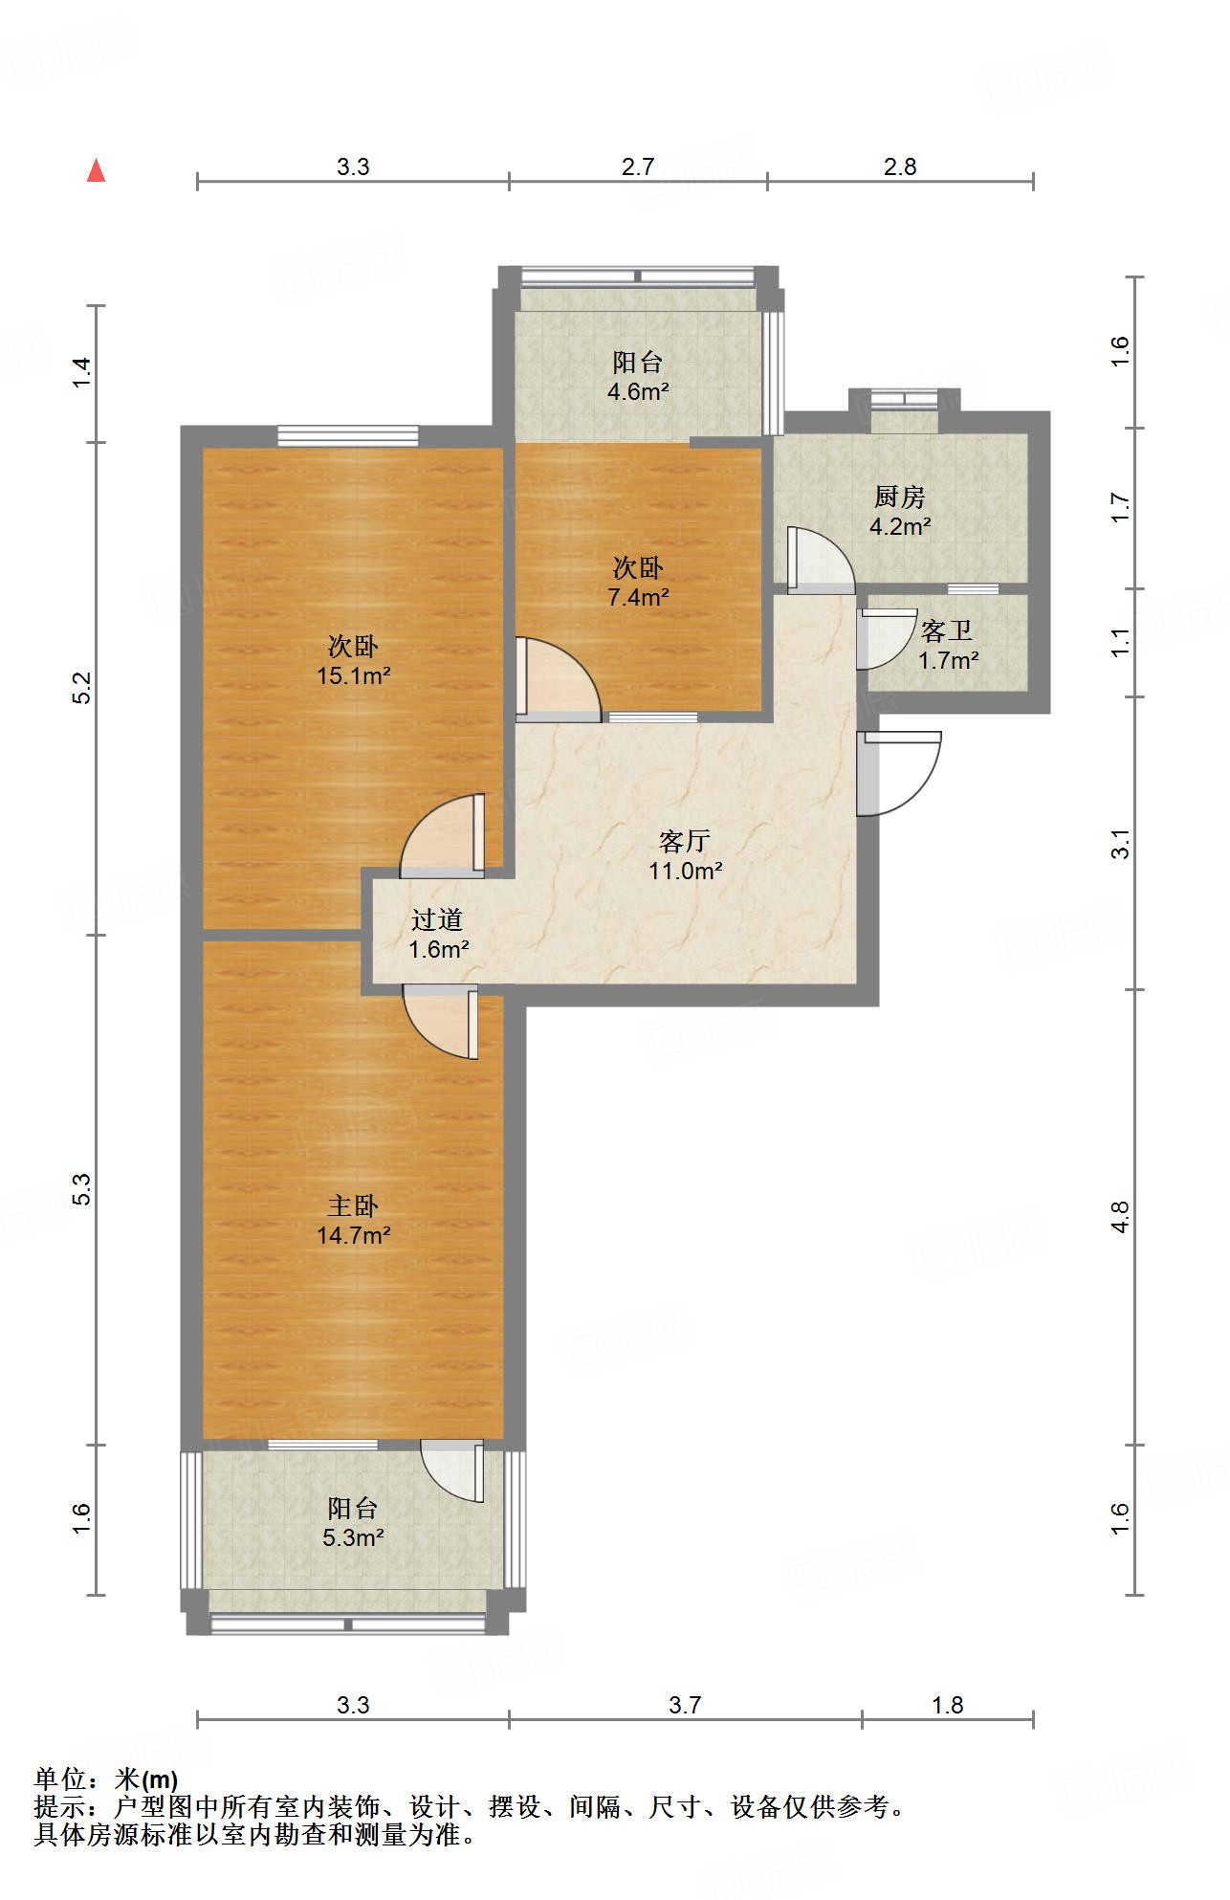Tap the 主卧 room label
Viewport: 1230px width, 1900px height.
pos(353,1205)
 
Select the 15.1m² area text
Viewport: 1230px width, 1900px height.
pos(353,676)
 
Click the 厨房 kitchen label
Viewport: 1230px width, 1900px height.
pos(900,497)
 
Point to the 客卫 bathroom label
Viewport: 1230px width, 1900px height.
pos(947,630)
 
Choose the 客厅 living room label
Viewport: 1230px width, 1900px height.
pos(685,841)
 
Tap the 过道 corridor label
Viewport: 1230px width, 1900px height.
pos(437,919)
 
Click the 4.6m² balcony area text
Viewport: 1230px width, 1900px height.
pos(638,391)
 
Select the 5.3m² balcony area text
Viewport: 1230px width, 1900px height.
pos(353,1537)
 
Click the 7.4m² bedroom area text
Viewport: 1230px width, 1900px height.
pos(638,597)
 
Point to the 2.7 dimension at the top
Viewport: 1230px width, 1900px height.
pos(638,166)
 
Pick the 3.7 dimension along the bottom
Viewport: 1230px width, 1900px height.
pos(685,1704)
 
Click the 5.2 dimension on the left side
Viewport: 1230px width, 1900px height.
pos(83,689)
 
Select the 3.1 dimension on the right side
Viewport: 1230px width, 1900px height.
pos(1121,846)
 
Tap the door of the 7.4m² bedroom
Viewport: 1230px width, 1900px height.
pos(559,678)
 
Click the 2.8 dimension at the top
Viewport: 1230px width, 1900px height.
pos(900,166)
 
